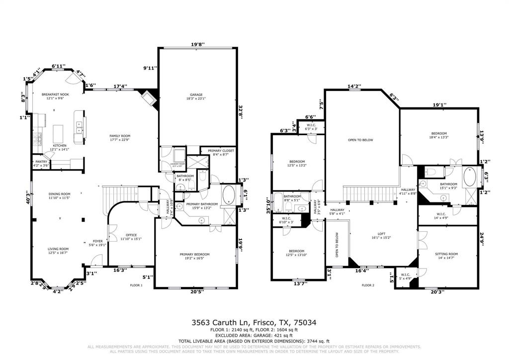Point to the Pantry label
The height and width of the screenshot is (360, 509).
point(41,164)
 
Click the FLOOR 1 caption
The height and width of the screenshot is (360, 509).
point(136,285)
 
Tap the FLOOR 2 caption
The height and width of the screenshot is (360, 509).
point(367,285)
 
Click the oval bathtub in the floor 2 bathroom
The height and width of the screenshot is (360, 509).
point(469,177)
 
